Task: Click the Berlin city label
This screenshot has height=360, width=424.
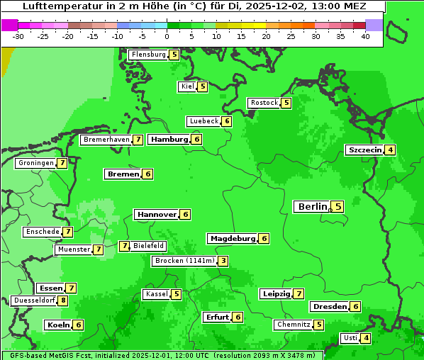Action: pyautogui.click(x=312, y=207)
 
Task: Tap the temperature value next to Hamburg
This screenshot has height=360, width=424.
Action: pyautogui.click(x=197, y=139)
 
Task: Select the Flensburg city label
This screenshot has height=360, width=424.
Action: pyautogui.click(x=148, y=55)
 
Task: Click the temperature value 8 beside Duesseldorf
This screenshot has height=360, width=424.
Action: pyautogui.click(x=63, y=300)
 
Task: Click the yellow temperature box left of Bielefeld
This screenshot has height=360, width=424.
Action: pyautogui.click(x=125, y=246)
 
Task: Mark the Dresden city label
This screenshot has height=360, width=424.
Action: pyautogui.click(x=330, y=307)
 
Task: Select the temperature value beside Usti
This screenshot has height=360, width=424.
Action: pyautogui.click(x=366, y=338)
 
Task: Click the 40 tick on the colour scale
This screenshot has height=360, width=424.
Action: pyautogui.click(x=365, y=36)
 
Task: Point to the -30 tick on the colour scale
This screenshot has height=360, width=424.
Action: pyautogui.click(x=18, y=36)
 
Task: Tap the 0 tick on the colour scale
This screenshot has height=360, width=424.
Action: pyautogui.click(x=167, y=36)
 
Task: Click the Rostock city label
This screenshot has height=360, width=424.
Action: pyautogui.click(x=264, y=103)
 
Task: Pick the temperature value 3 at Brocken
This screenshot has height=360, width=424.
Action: pyautogui.click(x=223, y=261)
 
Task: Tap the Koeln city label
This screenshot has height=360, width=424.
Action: pyautogui.click(x=58, y=325)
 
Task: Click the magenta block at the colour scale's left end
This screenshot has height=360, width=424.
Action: pyautogui.click(x=9, y=25)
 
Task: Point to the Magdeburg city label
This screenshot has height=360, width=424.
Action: pyautogui.click(x=233, y=239)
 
